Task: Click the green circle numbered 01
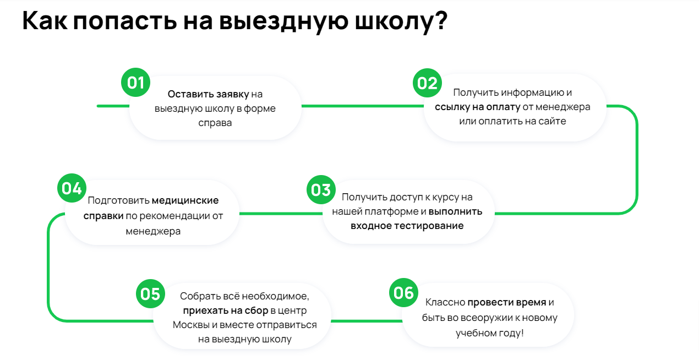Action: tap(135, 83)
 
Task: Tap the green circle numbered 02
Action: tap(427, 83)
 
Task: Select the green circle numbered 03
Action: tap(321, 190)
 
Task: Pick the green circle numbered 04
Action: tap(72, 188)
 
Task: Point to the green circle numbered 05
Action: tap(150, 294)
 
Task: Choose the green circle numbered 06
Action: tap(403, 293)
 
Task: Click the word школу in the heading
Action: tap(401, 21)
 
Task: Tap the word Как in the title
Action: tap(45, 21)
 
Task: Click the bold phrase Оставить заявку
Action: tap(208, 94)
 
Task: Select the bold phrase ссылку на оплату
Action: tap(477, 107)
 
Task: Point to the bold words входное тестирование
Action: tap(407, 226)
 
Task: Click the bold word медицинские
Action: tap(185, 200)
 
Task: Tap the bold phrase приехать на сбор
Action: tap(226, 310)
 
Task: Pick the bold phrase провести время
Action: tap(507, 302)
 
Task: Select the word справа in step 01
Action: tap(215, 123)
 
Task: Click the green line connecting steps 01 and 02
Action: tap(363, 106)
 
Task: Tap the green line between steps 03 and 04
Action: tap(281, 214)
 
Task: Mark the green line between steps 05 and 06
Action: tap(367, 321)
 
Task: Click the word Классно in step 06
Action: tap(445, 302)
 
